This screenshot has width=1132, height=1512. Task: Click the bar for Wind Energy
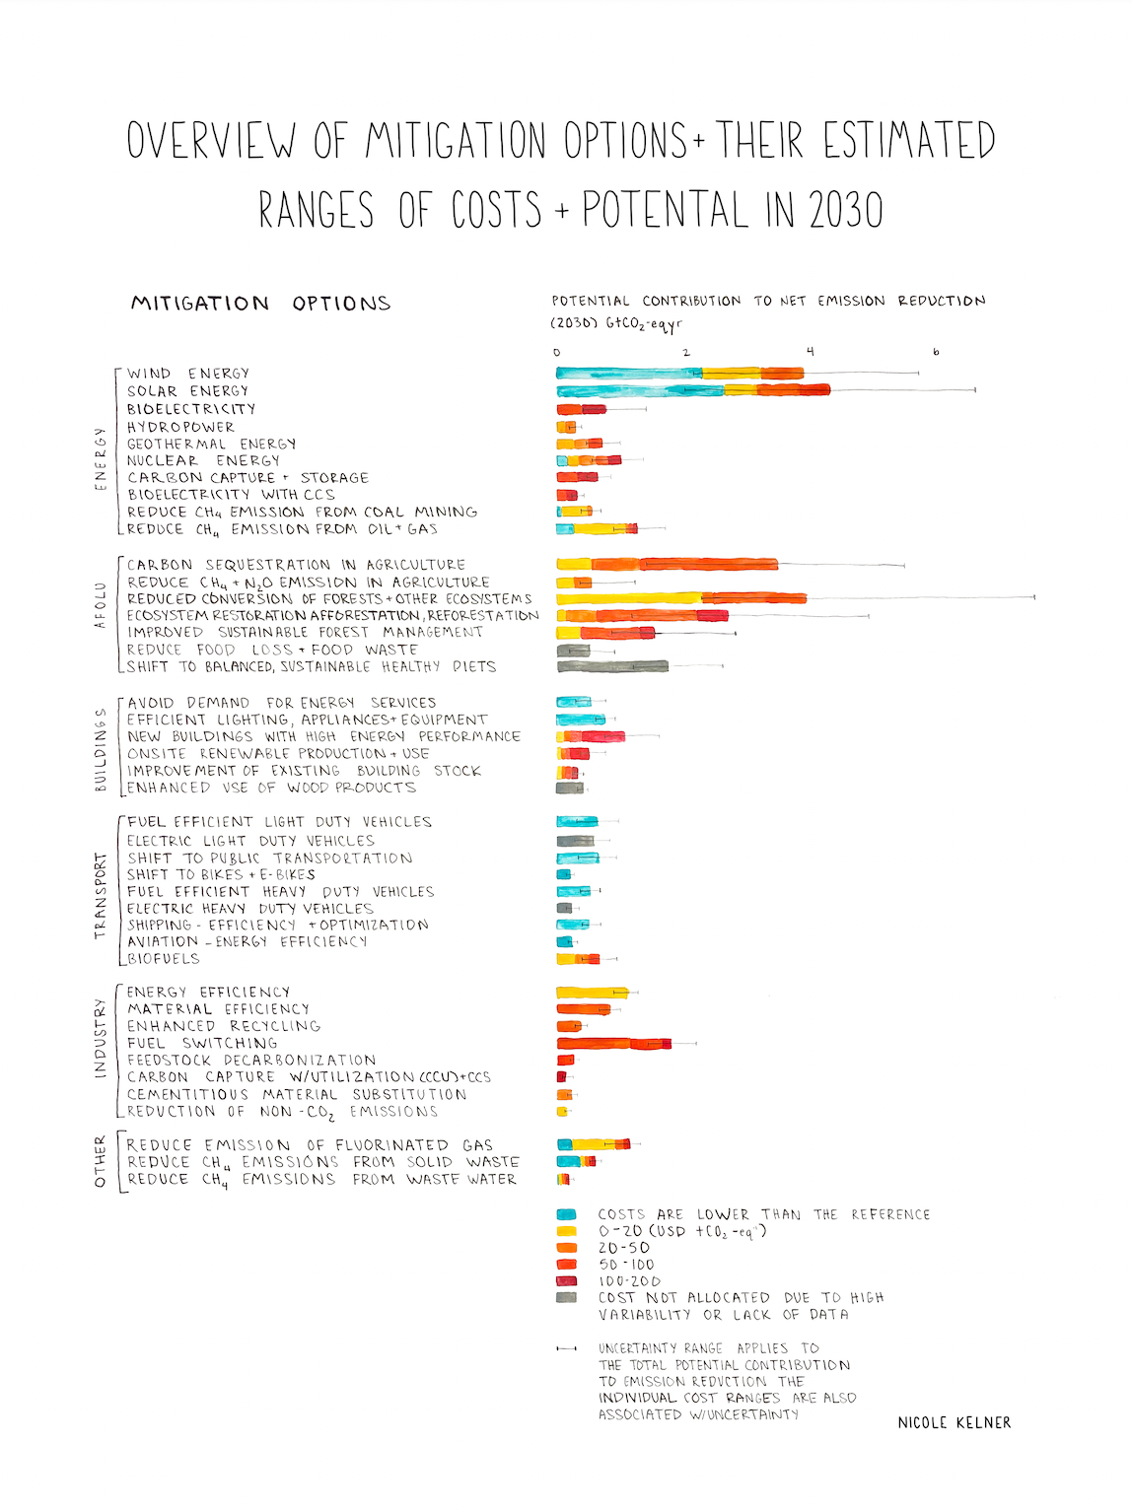[679, 374]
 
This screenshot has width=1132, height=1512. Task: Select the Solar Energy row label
[187, 391]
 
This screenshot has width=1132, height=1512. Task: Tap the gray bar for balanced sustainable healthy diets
[612, 667]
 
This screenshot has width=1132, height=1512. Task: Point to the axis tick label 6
[936, 352]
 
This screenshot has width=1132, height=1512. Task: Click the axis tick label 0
[557, 352]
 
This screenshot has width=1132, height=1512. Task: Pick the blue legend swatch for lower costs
[566, 1214]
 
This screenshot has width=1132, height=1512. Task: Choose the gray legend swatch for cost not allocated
[566, 1297]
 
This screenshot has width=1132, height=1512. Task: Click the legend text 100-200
[629, 1281]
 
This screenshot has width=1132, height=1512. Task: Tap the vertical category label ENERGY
[100, 458]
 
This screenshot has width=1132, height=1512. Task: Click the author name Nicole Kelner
[954, 1422]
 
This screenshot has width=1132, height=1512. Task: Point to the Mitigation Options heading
[260, 304]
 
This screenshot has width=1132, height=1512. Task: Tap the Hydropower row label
[180, 427]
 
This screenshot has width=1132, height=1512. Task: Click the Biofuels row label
[164, 959]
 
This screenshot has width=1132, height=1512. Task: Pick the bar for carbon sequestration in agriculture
[667, 565]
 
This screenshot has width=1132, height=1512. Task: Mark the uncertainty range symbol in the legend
[567, 1348]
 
